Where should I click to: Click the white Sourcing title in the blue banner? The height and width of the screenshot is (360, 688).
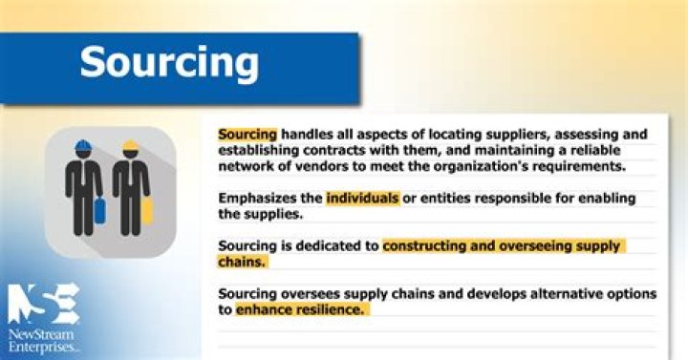pyautogui.click(x=169, y=62)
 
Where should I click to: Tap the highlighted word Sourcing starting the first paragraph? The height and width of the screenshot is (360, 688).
pyautogui.click(x=247, y=134)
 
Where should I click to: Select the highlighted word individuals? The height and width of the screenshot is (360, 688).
pyautogui.click(x=361, y=199)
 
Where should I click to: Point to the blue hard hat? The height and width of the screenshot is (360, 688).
pyautogui.click(x=83, y=147)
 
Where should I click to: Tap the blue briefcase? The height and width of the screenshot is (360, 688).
pyautogui.click(x=99, y=209)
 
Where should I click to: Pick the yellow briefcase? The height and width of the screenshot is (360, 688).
pyautogui.click(x=146, y=209)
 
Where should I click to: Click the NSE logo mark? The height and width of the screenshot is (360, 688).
pyautogui.click(x=43, y=303)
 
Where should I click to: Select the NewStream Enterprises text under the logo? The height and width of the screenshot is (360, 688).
pyautogui.click(x=44, y=340)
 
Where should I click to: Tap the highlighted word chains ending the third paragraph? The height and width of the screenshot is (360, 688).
pyautogui.click(x=242, y=262)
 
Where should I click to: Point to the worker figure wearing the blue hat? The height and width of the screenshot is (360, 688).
pyautogui.click(x=83, y=186)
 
